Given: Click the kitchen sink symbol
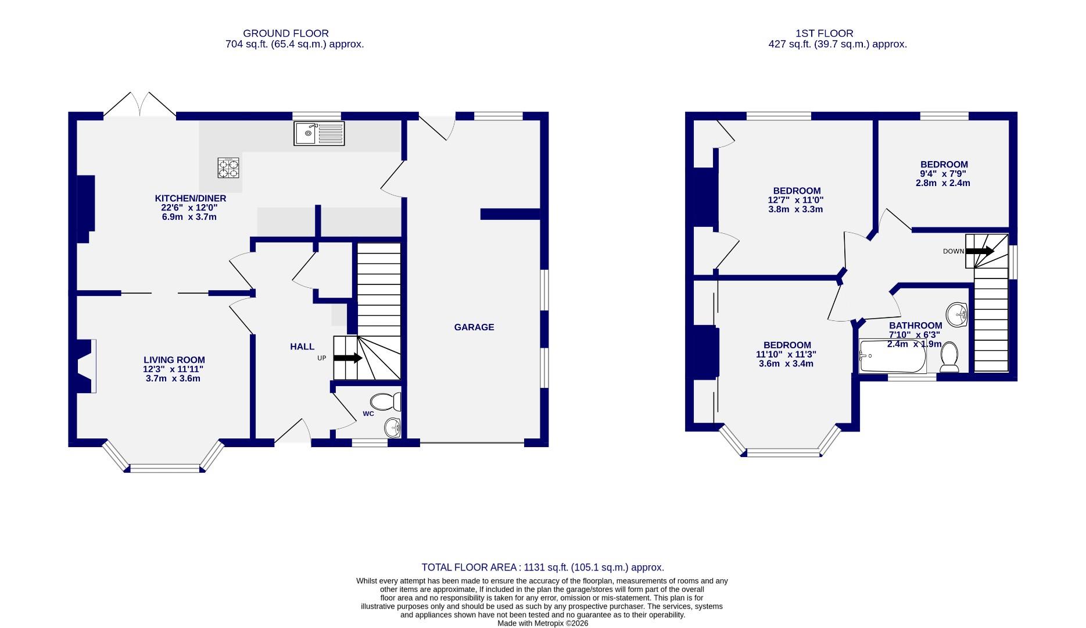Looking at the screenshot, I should (x=319, y=133).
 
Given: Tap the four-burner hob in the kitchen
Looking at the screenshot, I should (x=228, y=167).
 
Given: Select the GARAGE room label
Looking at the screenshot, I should (x=474, y=327).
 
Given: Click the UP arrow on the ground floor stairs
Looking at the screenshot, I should (x=348, y=358).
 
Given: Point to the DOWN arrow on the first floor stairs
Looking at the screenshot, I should (x=980, y=251).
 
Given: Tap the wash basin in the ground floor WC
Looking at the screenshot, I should (x=393, y=428).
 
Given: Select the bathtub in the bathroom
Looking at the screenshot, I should (x=893, y=356).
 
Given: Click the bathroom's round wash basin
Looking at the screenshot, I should (x=956, y=315).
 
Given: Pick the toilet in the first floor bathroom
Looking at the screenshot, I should (x=949, y=356).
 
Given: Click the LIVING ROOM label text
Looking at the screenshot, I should (x=174, y=360).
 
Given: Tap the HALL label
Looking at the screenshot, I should (x=302, y=347).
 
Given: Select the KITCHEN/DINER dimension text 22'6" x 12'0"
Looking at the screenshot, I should (x=189, y=208).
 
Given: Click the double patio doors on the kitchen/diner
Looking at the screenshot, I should (x=140, y=105).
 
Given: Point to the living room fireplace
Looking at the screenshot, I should (x=84, y=366).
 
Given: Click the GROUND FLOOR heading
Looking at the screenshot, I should (x=286, y=34).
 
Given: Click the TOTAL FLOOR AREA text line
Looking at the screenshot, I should (x=543, y=567).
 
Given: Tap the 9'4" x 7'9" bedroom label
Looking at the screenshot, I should (x=943, y=174).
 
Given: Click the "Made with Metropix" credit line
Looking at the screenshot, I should (x=543, y=623).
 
